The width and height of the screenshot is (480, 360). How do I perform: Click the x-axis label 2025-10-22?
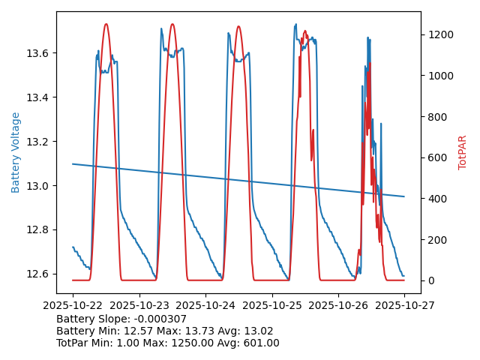tap(73, 306)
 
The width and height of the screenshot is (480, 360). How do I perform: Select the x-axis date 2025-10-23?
tap(139, 306)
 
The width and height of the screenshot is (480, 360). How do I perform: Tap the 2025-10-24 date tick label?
tap(205, 306)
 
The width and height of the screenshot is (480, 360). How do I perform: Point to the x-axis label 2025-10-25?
tap(271, 306)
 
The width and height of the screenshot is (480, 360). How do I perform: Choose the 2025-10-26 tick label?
tap(338, 306)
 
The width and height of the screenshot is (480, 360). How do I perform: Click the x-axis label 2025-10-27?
tap(404, 306)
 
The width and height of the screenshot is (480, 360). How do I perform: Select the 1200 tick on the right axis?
tap(438, 34)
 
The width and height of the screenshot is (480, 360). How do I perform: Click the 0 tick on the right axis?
tap(430, 280)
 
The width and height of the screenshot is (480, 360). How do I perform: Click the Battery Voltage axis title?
tap(16, 152)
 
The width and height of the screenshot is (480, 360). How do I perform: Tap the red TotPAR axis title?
tap(463, 152)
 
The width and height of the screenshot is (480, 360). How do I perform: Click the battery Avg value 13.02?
tap(259, 331)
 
